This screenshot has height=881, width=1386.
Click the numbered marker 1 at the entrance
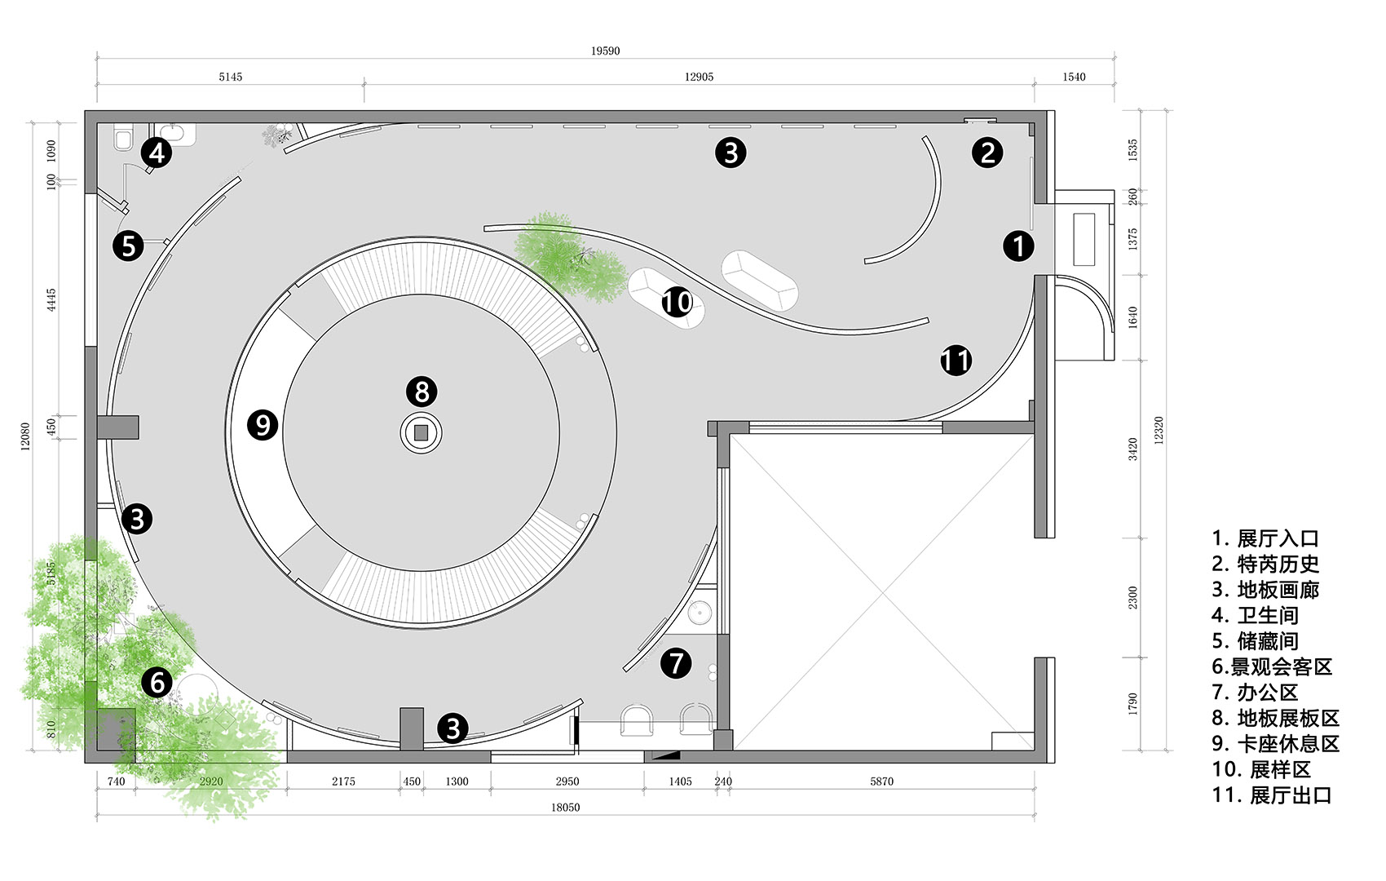point(1017,246)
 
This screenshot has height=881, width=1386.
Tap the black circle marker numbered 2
point(987,153)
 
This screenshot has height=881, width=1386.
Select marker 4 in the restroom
point(157,153)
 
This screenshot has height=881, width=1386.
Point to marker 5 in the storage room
point(128,246)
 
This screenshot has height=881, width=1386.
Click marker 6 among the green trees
point(157,682)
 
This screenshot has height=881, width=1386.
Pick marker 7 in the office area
point(676,662)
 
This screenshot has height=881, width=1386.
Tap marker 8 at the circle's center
point(422,392)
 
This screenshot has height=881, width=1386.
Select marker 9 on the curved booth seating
point(263,425)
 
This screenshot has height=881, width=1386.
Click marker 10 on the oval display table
point(677,302)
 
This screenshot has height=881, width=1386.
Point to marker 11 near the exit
point(956,361)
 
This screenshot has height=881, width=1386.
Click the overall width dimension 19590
point(605,51)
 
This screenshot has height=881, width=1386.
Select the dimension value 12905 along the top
point(699,77)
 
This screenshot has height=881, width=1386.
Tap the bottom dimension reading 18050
point(566,808)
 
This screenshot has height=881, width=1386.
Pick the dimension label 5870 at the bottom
point(881,781)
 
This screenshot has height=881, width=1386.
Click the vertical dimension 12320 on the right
point(1159,430)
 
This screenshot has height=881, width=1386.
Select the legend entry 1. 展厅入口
point(1265,538)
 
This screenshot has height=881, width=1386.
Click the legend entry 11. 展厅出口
point(1272,795)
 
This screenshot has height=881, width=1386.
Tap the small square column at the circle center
point(422,433)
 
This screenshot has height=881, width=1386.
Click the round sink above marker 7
point(700,613)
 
